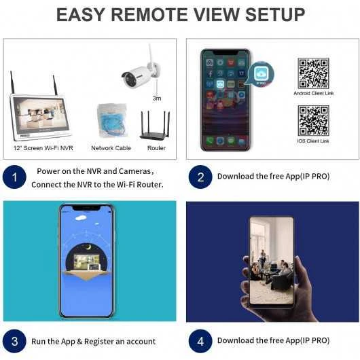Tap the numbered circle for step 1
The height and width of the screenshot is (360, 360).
coord(14,177)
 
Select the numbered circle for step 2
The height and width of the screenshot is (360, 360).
coord(200,177)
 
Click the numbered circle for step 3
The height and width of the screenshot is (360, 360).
coord(14,341)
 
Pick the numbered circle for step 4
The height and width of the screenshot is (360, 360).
coord(200,341)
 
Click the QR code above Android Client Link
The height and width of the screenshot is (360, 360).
coord(313,73)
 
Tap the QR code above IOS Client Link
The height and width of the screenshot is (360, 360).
coord(313,120)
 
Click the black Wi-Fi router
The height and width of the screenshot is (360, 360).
coord(156,126)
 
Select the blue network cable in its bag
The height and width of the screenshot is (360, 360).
coord(112,120)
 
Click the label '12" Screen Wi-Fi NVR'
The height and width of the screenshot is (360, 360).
coord(43,148)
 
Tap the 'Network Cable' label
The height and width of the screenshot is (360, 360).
coord(111,148)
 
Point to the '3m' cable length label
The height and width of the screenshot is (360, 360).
coord(157,98)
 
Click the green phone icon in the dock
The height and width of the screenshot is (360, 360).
coord(209,141)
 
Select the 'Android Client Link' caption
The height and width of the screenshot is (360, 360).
coord(314,93)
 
